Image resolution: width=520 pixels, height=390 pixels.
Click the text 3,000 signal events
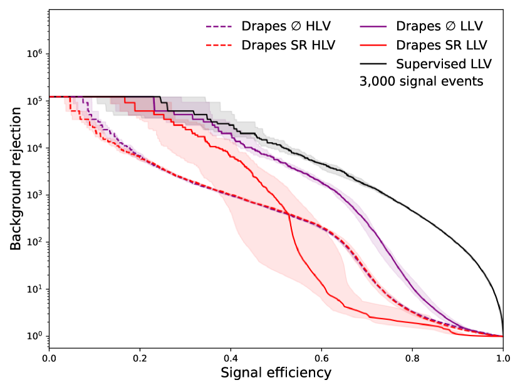[x=421, y=81]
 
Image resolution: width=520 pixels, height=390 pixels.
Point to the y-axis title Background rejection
[x=16, y=179]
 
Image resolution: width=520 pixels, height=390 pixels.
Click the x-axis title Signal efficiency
[x=276, y=373]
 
